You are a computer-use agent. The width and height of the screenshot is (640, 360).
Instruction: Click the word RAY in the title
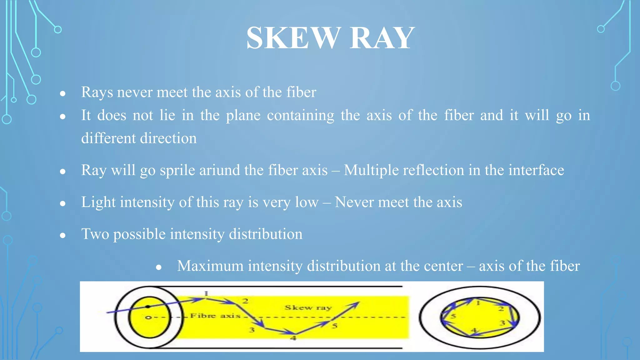coord(382,38)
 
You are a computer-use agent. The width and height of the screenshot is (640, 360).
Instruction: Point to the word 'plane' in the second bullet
coord(243,116)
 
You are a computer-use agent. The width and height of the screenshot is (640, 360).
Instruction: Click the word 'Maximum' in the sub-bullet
coord(210,266)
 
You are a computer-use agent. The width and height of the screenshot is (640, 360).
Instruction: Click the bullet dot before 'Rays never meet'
coord(63,93)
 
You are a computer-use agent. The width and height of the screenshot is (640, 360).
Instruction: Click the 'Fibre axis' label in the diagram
coord(216,316)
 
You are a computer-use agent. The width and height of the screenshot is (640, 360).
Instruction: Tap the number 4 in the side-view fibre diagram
coord(293,338)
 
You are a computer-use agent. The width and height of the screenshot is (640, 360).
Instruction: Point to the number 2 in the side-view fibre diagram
coord(245,301)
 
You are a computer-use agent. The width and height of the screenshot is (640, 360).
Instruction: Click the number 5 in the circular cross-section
coord(453,316)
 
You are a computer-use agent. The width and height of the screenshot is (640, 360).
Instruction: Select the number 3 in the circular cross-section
coord(502,323)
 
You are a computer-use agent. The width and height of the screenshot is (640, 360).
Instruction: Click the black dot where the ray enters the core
coord(148,307)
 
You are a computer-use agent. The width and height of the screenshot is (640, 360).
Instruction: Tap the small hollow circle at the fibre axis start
coord(149,317)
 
